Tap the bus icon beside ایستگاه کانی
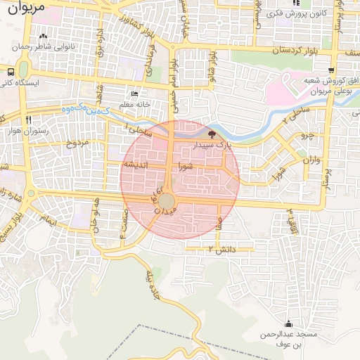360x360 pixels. [11, 72]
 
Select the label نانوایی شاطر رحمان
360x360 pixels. [44, 47]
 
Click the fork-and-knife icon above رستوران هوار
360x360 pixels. [29, 120]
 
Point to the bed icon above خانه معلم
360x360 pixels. [135, 94]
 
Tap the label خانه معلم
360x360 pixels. [136, 105]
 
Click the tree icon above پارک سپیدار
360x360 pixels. [212, 134]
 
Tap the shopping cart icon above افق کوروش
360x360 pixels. [331, 70]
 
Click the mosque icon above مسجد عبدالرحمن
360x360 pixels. [288, 324]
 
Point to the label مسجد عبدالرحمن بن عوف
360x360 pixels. [288, 340]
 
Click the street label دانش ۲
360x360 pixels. [220, 250]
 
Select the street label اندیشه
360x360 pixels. [135, 165]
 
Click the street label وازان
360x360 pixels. [311, 161]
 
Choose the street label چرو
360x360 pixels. [305, 134]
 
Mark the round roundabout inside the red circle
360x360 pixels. [167, 202]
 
